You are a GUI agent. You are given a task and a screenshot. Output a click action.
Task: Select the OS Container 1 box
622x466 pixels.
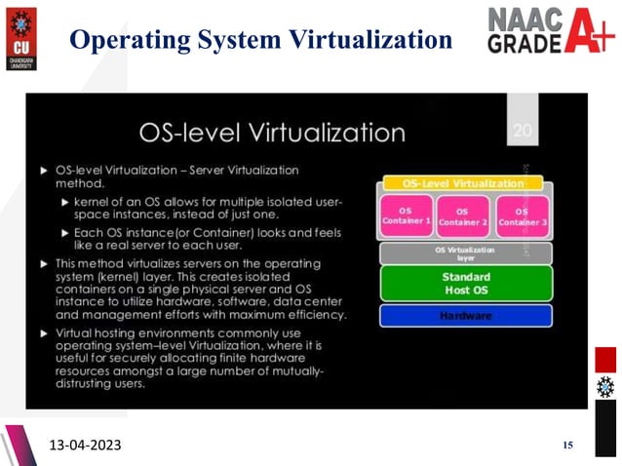(x=406, y=215)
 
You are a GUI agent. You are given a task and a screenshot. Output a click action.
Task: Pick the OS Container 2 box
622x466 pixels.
(x=462, y=215)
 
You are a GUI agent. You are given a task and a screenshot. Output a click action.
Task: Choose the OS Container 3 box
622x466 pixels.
(x=523, y=215)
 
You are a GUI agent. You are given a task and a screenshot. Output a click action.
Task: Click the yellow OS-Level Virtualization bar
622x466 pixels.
(x=464, y=182)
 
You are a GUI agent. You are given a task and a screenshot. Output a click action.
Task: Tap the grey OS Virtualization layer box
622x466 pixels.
(x=464, y=252)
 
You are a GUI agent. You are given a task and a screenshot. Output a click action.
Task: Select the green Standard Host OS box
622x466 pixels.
(x=464, y=283)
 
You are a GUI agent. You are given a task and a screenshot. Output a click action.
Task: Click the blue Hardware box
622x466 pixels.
(x=464, y=316)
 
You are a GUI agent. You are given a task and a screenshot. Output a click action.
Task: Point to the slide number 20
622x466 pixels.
(x=523, y=129)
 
